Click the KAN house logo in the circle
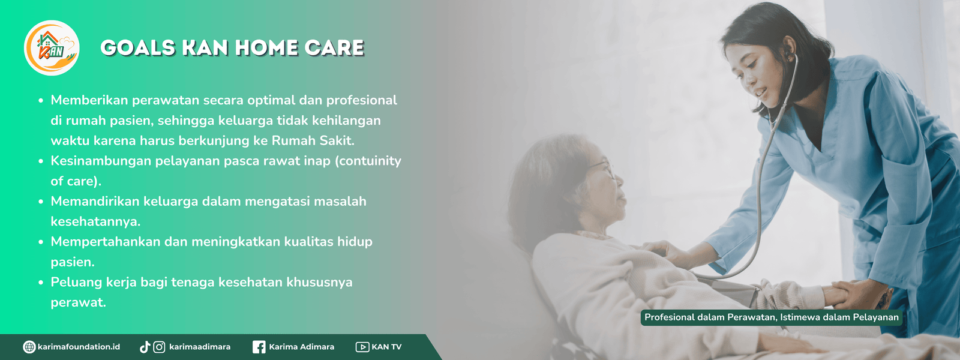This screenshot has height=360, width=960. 52,47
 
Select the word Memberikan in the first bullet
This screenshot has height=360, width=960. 89,100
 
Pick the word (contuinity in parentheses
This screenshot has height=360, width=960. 368,161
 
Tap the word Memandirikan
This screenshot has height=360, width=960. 94,202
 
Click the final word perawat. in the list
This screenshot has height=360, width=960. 78,302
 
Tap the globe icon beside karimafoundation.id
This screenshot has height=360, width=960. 29,347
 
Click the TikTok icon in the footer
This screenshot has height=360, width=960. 145,347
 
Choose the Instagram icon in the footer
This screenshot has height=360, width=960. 159,347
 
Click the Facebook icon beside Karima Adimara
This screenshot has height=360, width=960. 259,347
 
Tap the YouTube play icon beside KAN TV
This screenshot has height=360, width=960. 362,347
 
